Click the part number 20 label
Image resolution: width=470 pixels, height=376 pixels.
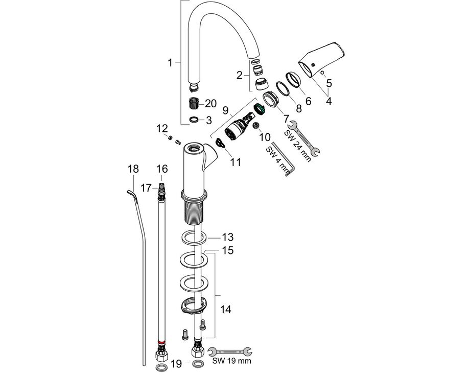coord(210,103)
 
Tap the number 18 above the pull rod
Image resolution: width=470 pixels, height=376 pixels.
coord(133,169)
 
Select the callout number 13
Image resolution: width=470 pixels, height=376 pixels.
coord(227,237)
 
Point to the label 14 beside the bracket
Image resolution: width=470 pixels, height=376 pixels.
coord(226,309)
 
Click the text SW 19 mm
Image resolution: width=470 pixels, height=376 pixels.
coord(232,361)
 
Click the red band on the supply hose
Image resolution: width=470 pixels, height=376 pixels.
coord(161,342)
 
